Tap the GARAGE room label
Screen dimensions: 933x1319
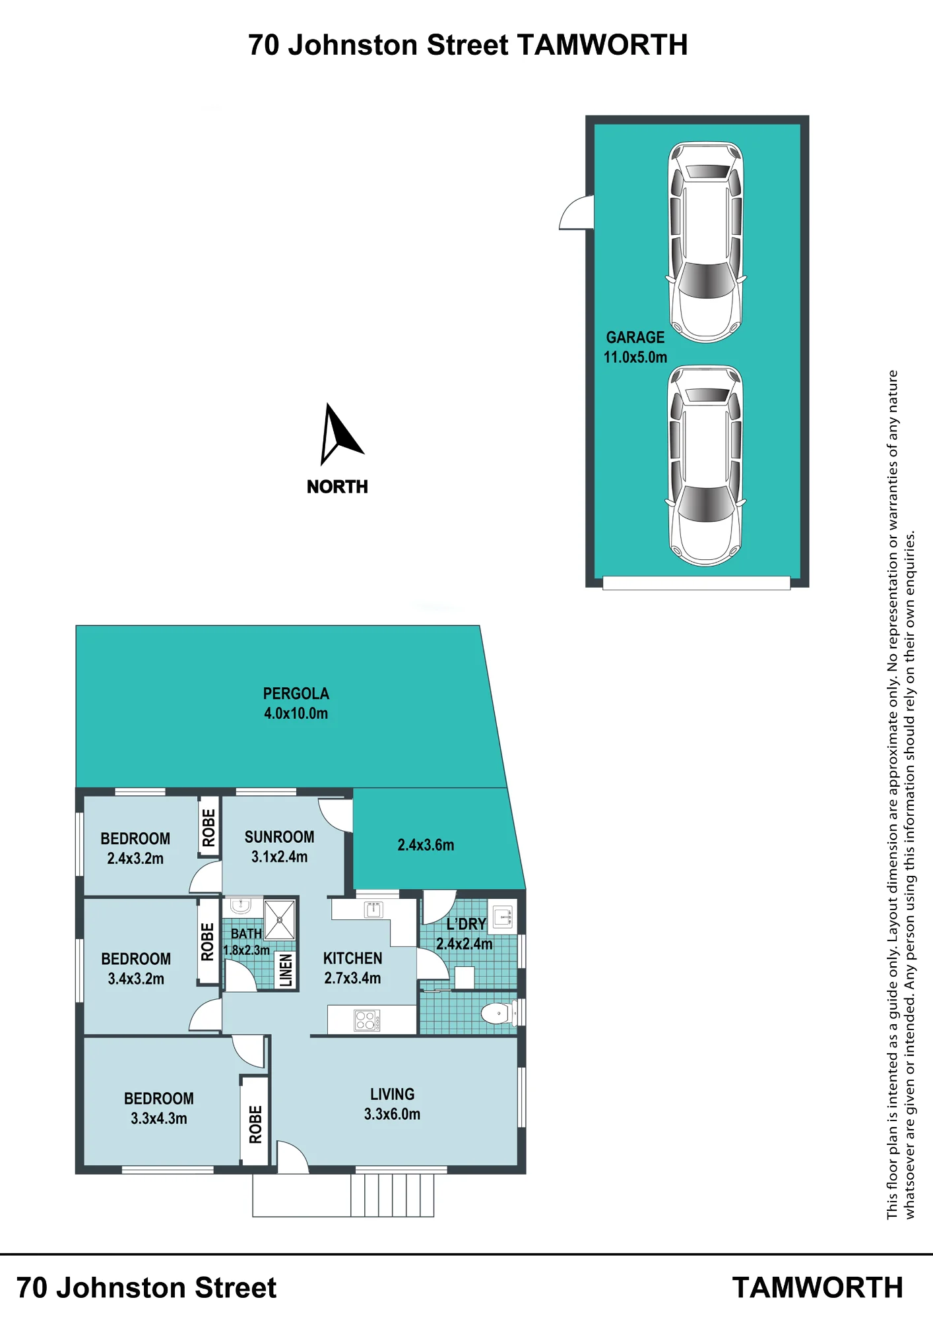(x=635, y=338)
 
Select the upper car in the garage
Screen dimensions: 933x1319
(x=706, y=242)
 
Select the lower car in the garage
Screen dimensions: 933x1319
(x=706, y=466)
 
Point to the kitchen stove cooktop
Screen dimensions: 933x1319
(x=367, y=1020)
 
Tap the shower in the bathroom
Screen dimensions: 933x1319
(x=280, y=919)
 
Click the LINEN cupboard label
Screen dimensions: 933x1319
(x=286, y=970)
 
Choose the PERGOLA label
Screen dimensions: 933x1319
(x=296, y=694)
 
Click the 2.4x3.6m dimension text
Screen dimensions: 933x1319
(x=426, y=845)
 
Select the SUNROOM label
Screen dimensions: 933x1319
(x=279, y=837)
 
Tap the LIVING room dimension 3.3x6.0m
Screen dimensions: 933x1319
(x=392, y=1114)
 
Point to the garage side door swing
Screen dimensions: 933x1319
(x=576, y=212)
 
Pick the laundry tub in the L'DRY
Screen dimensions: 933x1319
(x=503, y=916)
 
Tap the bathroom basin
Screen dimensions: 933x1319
(x=240, y=905)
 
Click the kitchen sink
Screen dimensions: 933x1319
(x=373, y=910)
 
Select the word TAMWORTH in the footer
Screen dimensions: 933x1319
(x=818, y=1288)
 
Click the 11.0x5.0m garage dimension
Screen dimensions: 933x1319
(x=635, y=357)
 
